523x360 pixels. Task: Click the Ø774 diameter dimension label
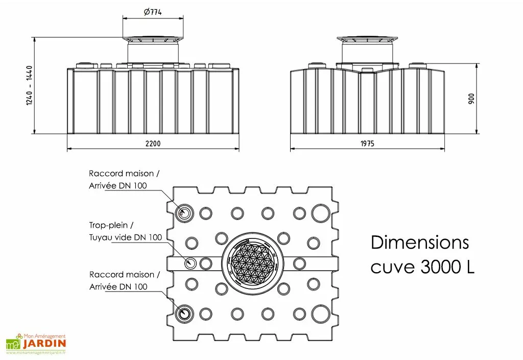pos(153,12)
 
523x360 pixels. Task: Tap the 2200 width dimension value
pos(153,143)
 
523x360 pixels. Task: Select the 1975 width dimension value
pos(367,143)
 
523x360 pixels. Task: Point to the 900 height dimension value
pos(471,99)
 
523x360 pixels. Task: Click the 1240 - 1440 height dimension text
pos(29,86)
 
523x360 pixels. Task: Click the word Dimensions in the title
pos(420,243)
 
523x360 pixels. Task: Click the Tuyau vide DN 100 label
pos(126,237)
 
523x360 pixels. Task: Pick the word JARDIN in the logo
pos(44,344)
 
